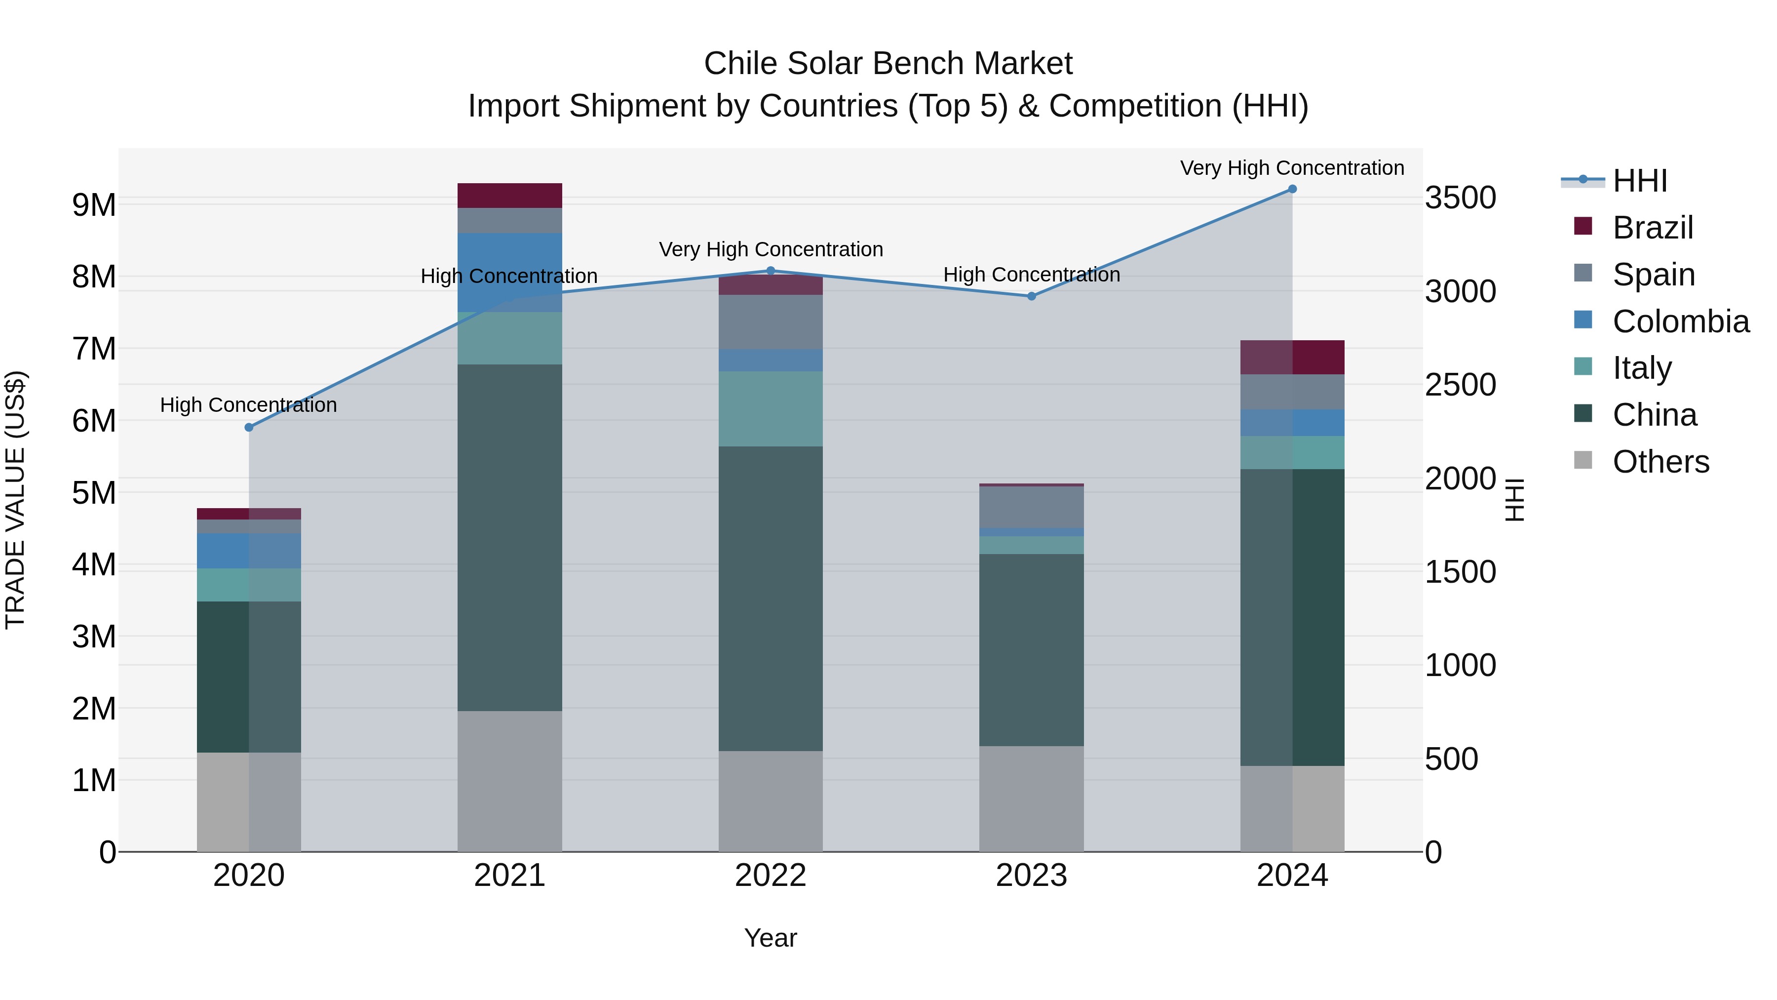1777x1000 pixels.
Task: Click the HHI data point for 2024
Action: (x=1292, y=189)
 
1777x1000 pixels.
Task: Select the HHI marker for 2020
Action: (x=249, y=427)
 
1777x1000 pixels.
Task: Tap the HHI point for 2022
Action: (x=771, y=271)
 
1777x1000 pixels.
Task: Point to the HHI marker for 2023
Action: (x=1031, y=296)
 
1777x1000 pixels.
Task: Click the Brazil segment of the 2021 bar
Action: (x=510, y=195)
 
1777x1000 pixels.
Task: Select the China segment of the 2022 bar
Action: (x=771, y=599)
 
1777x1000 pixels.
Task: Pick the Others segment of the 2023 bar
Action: (x=1031, y=799)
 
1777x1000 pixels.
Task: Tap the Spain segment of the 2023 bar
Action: (x=1031, y=507)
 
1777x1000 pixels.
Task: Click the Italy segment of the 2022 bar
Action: (x=771, y=408)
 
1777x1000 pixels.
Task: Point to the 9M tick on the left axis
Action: (x=94, y=205)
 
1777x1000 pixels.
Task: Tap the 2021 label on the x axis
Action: (x=510, y=876)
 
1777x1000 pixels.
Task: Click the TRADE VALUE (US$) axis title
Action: (x=16, y=500)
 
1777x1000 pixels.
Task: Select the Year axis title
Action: (x=771, y=938)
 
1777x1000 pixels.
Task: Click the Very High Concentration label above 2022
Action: (x=771, y=249)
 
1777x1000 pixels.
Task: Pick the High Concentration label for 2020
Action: (x=248, y=405)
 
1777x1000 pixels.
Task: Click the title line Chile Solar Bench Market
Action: (x=888, y=64)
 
